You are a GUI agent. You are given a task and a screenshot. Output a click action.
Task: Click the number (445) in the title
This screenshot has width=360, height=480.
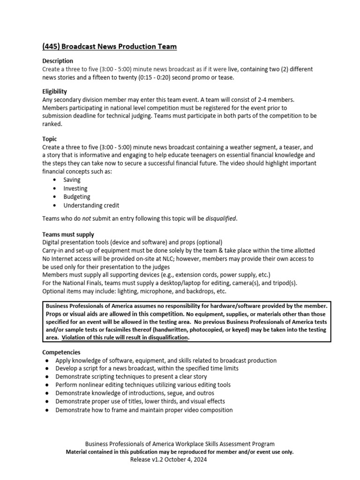point(50,46)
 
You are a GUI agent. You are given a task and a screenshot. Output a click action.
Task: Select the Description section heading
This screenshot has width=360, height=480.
point(58,61)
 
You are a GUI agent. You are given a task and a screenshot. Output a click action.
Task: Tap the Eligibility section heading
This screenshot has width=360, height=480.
point(54,91)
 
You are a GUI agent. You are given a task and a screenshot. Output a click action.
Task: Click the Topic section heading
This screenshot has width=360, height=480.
point(50,139)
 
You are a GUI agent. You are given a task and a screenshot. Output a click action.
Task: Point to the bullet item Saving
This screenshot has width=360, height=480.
point(72,180)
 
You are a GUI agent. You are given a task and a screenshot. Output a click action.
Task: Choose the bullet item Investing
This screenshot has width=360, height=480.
point(75,188)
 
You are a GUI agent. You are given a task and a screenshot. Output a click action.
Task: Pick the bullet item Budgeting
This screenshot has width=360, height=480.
point(76,197)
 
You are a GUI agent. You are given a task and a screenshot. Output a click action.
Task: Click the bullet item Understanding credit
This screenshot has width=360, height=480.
point(91,205)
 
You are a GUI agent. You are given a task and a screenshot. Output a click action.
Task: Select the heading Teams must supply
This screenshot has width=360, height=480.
point(68,234)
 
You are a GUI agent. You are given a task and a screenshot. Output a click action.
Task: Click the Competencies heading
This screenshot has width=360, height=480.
point(61,352)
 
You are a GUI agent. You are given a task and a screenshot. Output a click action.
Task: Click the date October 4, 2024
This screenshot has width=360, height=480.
point(189,460)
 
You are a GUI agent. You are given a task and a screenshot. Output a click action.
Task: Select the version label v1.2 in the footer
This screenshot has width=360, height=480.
point(159,460)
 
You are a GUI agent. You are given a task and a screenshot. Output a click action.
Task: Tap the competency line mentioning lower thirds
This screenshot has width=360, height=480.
point(140,401)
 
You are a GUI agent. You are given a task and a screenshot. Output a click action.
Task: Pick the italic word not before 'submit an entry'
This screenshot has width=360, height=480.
point(87,218)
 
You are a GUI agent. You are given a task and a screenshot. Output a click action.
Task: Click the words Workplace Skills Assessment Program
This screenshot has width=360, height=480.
point(224,444)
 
